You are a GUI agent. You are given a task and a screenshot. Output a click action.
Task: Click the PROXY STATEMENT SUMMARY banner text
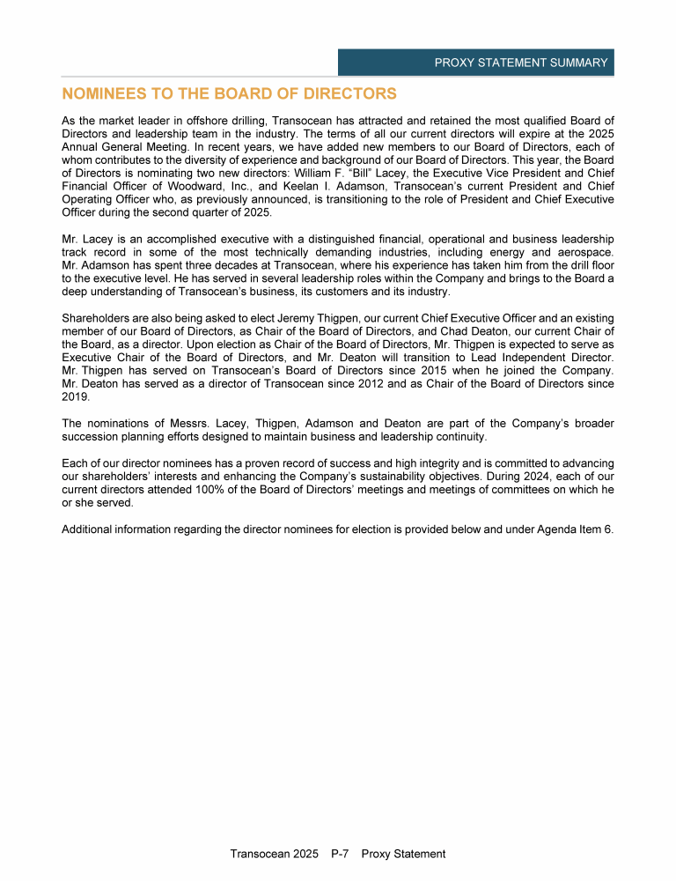521,63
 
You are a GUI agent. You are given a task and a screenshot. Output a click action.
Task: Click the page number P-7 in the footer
342,854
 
